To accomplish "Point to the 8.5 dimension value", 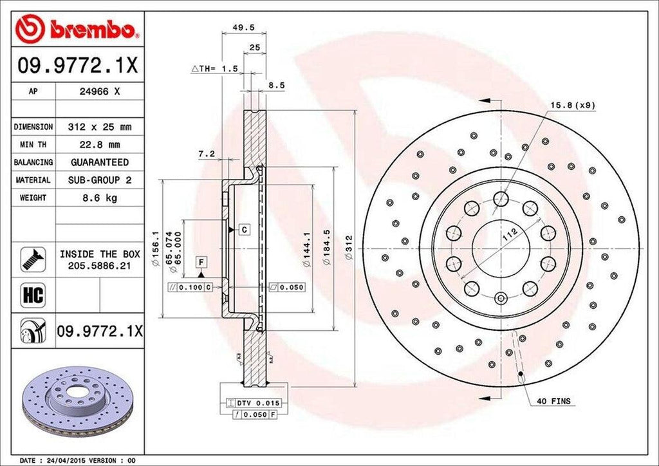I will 276,84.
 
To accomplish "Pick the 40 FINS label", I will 553,401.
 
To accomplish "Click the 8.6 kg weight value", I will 99,198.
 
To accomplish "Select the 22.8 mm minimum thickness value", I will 99,145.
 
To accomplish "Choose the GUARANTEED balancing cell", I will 99,162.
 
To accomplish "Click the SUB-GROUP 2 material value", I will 99,180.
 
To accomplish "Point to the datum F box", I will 201,261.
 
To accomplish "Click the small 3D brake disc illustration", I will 77,400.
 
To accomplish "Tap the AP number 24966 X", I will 99,91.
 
